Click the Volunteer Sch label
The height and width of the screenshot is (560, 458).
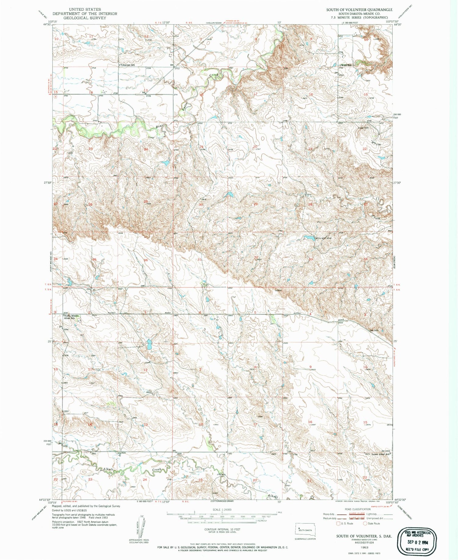(127, 65)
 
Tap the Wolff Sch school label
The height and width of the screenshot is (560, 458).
(346, 65)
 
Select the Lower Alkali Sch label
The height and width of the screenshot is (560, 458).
(381, 454)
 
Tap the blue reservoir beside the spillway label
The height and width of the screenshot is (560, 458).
(309, 238)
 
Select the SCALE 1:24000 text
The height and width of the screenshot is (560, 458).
(222, 510)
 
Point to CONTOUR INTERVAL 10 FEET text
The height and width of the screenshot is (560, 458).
(222, 529)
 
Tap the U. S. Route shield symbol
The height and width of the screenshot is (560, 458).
(338, 523)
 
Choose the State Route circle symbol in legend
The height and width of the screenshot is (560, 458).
(365, 523)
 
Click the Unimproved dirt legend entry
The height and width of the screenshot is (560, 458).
(374, 518)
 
